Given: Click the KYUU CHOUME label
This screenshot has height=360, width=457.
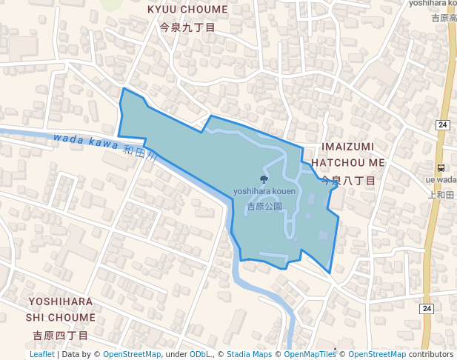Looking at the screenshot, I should [187, 10].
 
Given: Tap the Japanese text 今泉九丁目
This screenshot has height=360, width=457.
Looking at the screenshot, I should [187, 27].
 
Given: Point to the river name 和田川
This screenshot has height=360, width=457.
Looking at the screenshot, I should [141, 153].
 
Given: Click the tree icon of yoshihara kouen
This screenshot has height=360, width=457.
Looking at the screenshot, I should [264, 179].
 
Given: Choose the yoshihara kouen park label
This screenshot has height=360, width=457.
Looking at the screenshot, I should [264, 191].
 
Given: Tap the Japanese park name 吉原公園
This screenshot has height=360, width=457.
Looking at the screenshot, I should [264, 207].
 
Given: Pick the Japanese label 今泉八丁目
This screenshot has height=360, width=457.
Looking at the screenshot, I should [348, 180].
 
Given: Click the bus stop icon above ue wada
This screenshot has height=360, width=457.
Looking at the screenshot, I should [441, 167].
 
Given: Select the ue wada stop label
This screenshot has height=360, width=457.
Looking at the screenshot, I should [442, 179].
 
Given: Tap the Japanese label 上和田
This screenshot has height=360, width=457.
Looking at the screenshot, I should [442, 194].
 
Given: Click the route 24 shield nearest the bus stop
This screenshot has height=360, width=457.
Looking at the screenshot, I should [442, 124].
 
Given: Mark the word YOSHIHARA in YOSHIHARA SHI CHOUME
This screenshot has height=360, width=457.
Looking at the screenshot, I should [61, 301].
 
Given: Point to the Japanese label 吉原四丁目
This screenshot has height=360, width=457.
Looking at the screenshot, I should [61, 336].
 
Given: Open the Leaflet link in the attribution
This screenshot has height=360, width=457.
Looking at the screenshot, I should [42, 354].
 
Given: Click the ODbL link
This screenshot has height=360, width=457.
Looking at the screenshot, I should [200, 354].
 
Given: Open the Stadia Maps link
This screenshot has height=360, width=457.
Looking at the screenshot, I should [249, 354].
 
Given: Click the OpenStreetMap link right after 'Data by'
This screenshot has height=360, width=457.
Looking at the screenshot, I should [132, 354].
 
